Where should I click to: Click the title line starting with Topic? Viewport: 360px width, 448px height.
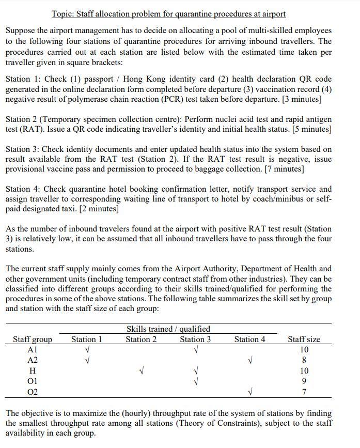168,14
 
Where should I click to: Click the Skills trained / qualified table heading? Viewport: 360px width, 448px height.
168,329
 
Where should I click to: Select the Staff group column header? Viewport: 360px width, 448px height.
33,339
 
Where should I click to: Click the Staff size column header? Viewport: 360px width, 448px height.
304,339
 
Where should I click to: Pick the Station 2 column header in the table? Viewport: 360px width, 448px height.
141,339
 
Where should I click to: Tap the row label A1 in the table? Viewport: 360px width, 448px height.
33,350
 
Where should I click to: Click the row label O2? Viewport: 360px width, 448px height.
33,392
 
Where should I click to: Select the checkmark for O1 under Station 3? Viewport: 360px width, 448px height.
195,382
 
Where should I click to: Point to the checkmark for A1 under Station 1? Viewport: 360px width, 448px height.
86,350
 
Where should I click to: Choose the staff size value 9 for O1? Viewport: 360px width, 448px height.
304,382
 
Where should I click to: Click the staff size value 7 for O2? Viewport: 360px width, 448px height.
304,392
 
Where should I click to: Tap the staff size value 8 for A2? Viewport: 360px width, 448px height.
304,360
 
